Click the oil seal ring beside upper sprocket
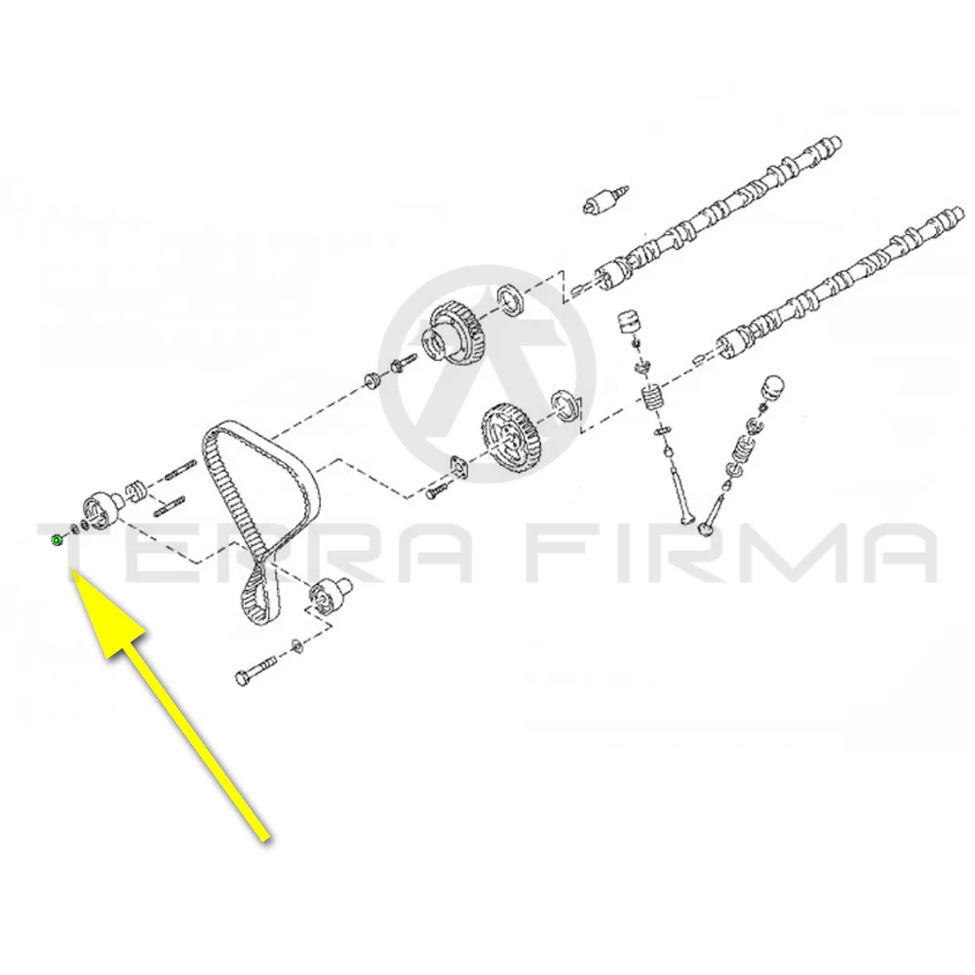pyautogui.click(x=514, y=299)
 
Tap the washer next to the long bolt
pyautogui.click(x=296, y=646)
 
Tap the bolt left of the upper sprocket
pyautogui.click(x=402, y=364)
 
